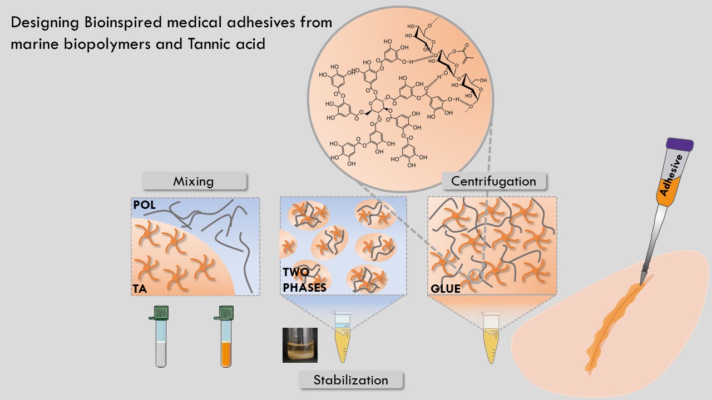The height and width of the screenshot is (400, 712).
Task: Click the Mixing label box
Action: click(194, 181)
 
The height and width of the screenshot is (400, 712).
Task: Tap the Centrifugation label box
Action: click(493, 181)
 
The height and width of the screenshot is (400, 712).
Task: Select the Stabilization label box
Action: click(350, 381)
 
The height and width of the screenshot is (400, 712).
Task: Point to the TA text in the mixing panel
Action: click(140, 289)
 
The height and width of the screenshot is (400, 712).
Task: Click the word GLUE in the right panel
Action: click(446, 289)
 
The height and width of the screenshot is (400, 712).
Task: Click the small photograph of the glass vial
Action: click(300, 345)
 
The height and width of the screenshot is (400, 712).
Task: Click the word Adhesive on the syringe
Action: click(671, 176)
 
